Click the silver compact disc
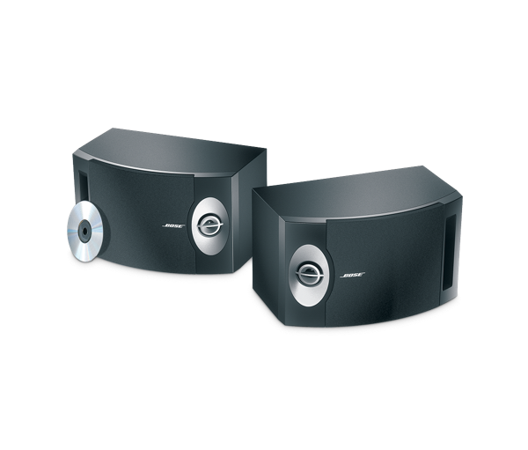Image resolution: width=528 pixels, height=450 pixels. click(x=85, y=232)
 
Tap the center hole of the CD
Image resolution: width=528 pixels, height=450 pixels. click(x=84, y=231)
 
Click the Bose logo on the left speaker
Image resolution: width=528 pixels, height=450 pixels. click(x=173, y=225)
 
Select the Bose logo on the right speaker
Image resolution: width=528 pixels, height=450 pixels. click(x=353, y=275)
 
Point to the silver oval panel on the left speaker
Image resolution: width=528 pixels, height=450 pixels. click(x=210, y=225)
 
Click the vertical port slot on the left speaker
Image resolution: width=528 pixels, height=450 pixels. click(x=84, y=188)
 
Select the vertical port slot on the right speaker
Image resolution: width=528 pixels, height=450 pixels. click(x=449, y=252)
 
